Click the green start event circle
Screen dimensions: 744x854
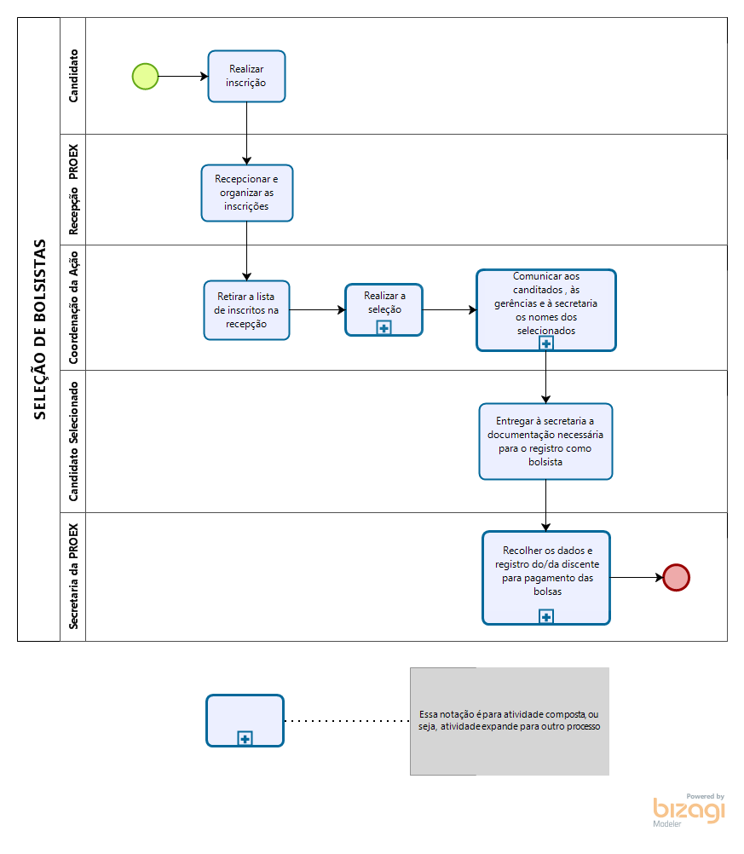pos(146,76)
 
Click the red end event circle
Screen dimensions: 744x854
pos(677,577)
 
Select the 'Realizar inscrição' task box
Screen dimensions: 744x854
pos(247,76)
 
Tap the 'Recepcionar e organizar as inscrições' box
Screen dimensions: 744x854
pos(247,193)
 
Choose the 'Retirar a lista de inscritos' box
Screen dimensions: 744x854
pos(247,310)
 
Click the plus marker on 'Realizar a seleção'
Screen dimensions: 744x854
pos(384,328)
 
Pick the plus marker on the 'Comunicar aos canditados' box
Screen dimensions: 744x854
pos(546,343)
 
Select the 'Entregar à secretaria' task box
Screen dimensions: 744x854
pos(545,441)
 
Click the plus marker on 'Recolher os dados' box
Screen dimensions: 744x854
pos(546,616)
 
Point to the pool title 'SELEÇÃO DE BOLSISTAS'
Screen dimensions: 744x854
pos(40,330)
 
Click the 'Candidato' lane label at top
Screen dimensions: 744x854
pos(73,76)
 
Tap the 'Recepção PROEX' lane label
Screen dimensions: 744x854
pos(73,189)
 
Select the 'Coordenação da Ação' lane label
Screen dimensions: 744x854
pos(73,308)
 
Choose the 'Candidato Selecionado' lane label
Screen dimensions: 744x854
pos(73,441)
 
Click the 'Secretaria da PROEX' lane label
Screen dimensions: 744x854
pos(73,576)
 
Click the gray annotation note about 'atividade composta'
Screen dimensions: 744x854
pos(510,721)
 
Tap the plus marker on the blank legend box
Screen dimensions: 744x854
pos(245,739)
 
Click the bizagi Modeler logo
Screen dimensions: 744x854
pos(689,811)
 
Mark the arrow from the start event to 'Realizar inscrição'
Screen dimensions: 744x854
pos(183,76)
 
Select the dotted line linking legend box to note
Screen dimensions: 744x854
pos(347,720)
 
